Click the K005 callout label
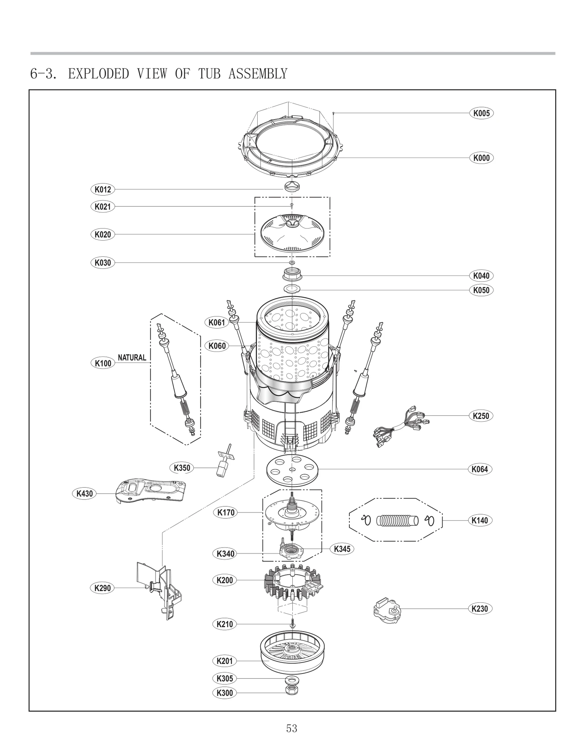pyautogui.click(x=481, y=113)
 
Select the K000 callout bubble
pyautogui.click(x=481, y=158)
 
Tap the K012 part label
pyautogui.click(x=103, y=189)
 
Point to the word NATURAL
pyautogui.click(x=132, y=358)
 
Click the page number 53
pyautogui.click(x=292, y=728)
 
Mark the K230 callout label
pyautogui.click(x=480, y=609)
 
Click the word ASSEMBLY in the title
pyautogui.click(x=258, y=74)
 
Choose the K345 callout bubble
pyautogui.click(x=342, y=549)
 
